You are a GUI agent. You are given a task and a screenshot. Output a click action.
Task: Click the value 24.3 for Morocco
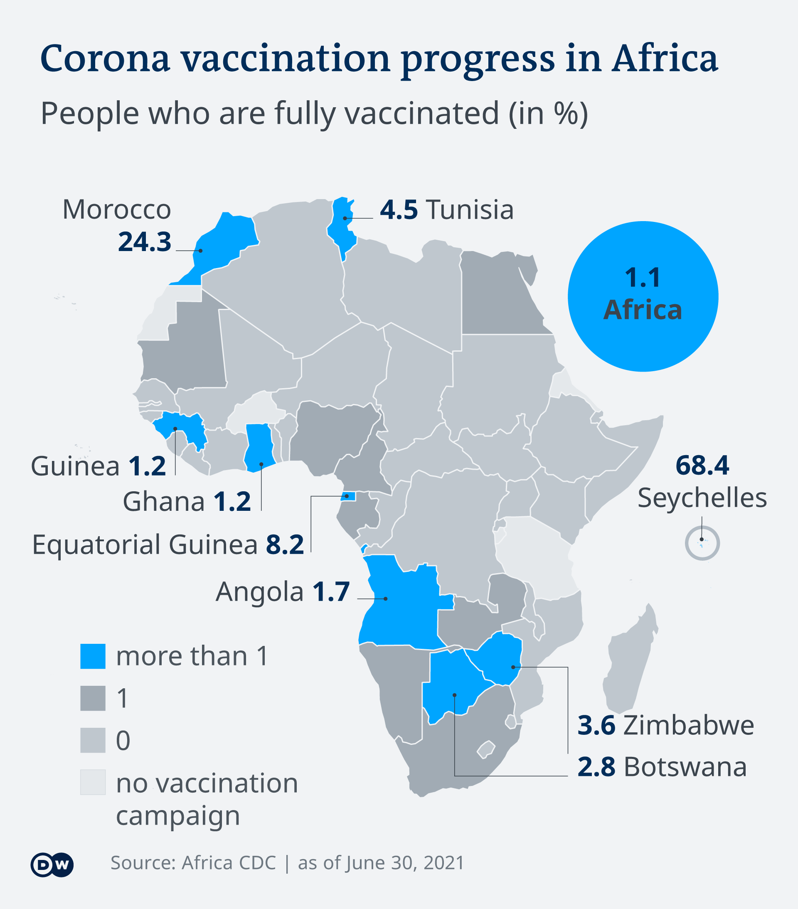click(x=144, y=242)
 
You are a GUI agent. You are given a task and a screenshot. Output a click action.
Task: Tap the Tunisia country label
click(x=469, y=210)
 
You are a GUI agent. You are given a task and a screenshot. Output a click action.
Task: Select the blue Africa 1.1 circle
click(x=642, y=296)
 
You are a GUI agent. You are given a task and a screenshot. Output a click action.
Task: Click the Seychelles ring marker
click(x=702, y=543)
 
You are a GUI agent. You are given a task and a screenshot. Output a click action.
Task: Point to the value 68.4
click(x=702, y=466)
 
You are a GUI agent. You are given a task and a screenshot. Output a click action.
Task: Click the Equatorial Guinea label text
click(x=145, y=545)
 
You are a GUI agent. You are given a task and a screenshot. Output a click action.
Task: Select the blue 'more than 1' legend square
click(x=93, y=656)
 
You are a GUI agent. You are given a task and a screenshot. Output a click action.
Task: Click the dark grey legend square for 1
click(x=93, y=698)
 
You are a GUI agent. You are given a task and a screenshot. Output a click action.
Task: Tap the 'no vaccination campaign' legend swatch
click(x=93, y=782)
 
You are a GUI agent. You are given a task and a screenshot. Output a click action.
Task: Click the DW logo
click(x=52, y=865)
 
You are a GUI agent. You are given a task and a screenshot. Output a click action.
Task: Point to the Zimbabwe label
click(x=688, y=725)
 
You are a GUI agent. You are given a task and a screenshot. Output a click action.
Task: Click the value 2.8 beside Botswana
click(x=596, y=767)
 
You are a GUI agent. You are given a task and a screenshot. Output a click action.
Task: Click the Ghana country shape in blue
click(x=259, y=447)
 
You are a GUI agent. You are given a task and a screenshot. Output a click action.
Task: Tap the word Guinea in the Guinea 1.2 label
click(x=75, y=466)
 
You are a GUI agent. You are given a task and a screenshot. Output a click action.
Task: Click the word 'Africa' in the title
click(x=665, y=59)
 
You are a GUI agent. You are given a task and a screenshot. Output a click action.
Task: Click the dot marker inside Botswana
click(x=454, y=695)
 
